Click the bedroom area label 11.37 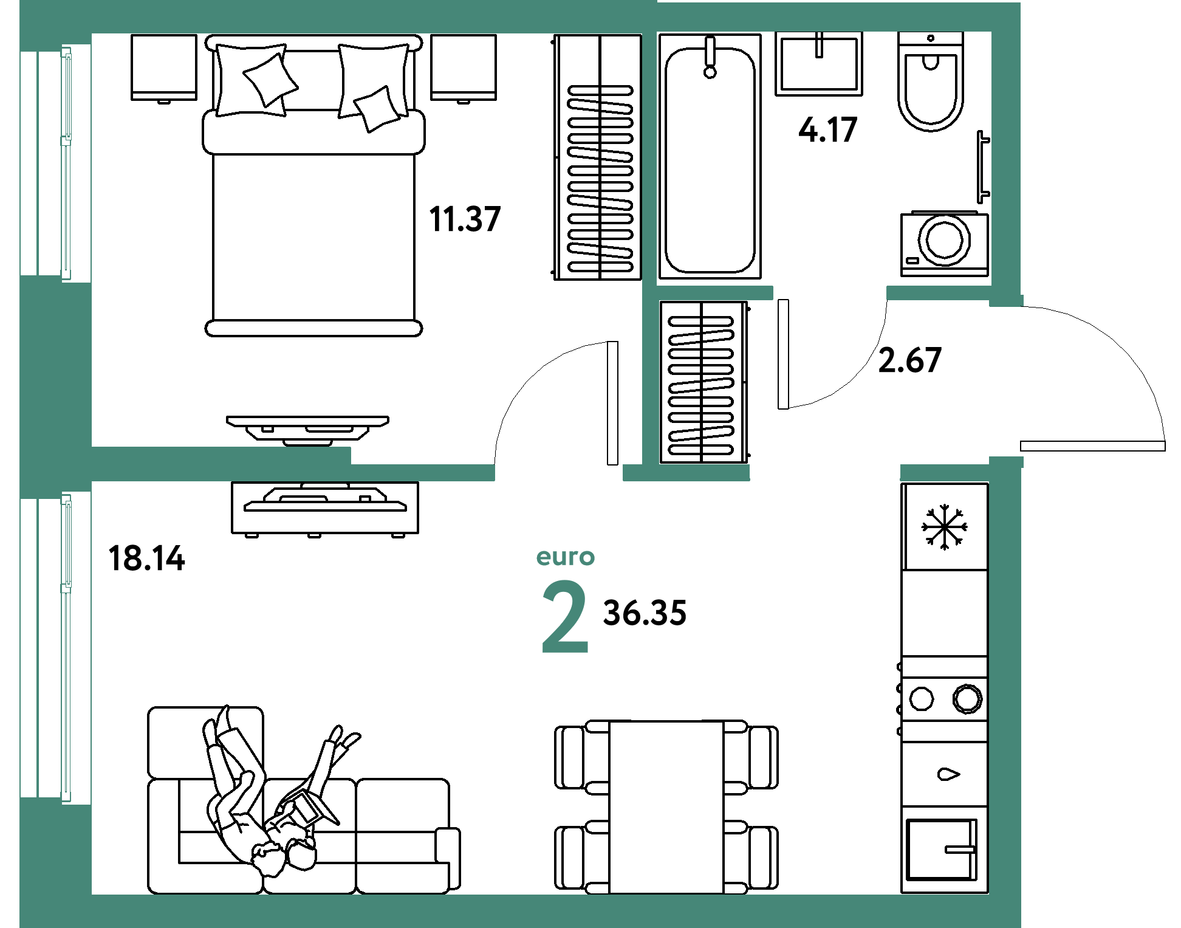(465, 219)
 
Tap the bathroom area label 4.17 (827, 130)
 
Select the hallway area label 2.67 (909, 360)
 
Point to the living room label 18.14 (146, 559)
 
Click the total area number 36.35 (645, 613)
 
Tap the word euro (565, 557)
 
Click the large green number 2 (565, 616)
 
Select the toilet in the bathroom (931, 81)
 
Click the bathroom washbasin (819, 64)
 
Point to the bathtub (710, 157)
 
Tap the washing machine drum (944, 240)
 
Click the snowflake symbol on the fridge (944, 527)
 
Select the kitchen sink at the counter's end (942, 850)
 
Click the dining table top (666, 807)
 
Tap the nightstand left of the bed (164, 67)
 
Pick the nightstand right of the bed (464, 67)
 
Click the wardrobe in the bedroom (598, 157)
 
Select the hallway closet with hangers (703, 382)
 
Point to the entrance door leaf (1093, 446)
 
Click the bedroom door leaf (613, 403)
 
